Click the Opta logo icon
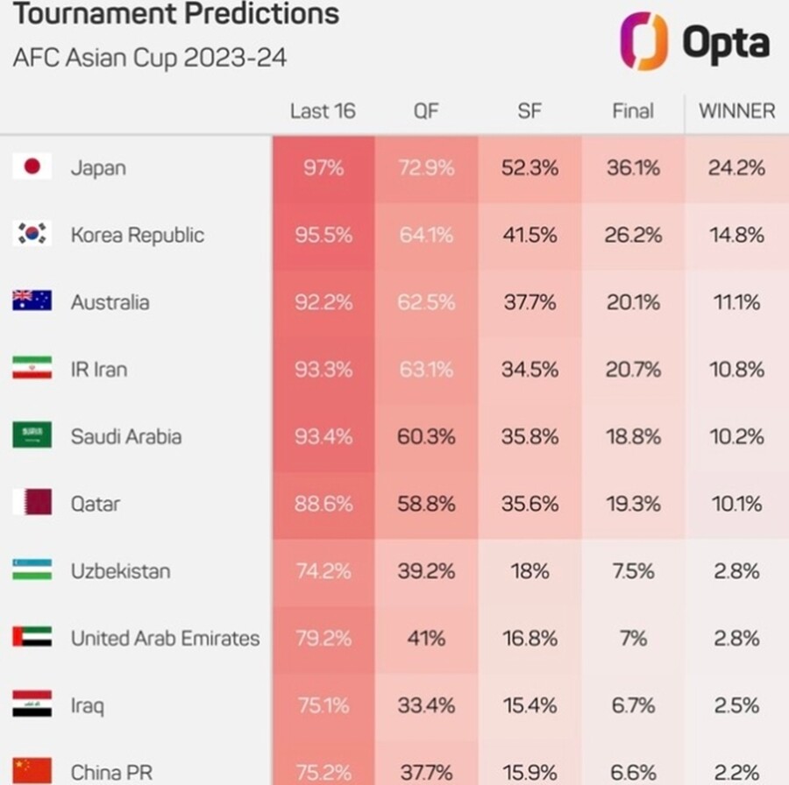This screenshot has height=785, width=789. [643, 41]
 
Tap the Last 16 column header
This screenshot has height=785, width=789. [323, 111]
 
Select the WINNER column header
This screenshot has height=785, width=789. [736, 111]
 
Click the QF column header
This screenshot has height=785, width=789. [426, 111]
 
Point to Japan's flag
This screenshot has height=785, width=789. [32, 166]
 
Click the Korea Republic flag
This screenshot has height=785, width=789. [32, 233]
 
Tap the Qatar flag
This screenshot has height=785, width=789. [32, 502]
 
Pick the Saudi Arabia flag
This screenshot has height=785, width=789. [32, 435]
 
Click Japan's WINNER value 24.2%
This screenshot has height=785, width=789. [736, 168]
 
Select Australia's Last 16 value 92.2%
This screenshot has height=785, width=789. [323, 302]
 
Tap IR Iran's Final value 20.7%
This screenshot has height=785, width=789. [633, 370]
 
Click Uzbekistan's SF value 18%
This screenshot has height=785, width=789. [530, 571]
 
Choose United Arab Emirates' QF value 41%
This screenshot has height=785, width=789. [426, 639]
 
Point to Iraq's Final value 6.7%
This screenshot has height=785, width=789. [633, 705]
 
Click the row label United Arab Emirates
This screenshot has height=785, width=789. [166, 639]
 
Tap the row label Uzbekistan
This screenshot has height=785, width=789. [121, 571]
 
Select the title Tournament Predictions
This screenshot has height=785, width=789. [176, 13]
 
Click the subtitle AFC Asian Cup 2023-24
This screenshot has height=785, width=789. [150, 57]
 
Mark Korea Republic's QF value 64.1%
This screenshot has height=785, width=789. [426, 236]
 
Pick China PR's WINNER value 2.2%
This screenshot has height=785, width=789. [736, 773]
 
